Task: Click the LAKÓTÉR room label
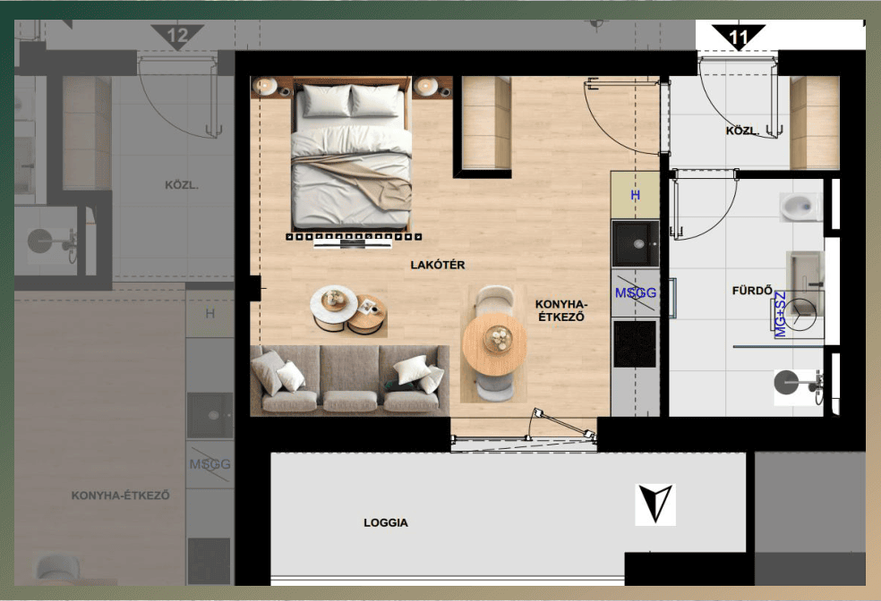(x=438, y=265)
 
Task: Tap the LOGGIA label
(x=385, y=523)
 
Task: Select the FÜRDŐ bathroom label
(x=752, y=290)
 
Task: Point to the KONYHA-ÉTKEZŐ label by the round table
(x=561, y=310)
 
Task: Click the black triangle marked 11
(x=739, y=36)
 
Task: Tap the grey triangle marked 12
(x=177, y=36)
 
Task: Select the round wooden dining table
(x=494, y=344)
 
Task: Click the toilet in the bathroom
(x=799, y=207)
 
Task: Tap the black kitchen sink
(x=636, y=243)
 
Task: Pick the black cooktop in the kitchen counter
(x=635, y=343)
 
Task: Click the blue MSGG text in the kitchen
(x=636, y=293)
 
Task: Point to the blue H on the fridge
(x=636, y=195)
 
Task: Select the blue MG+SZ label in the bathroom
(x=781, y=314)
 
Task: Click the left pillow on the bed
(x=327, y=100)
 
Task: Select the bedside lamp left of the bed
(x=265, y=86)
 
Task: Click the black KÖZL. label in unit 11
(x=742, y=131)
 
